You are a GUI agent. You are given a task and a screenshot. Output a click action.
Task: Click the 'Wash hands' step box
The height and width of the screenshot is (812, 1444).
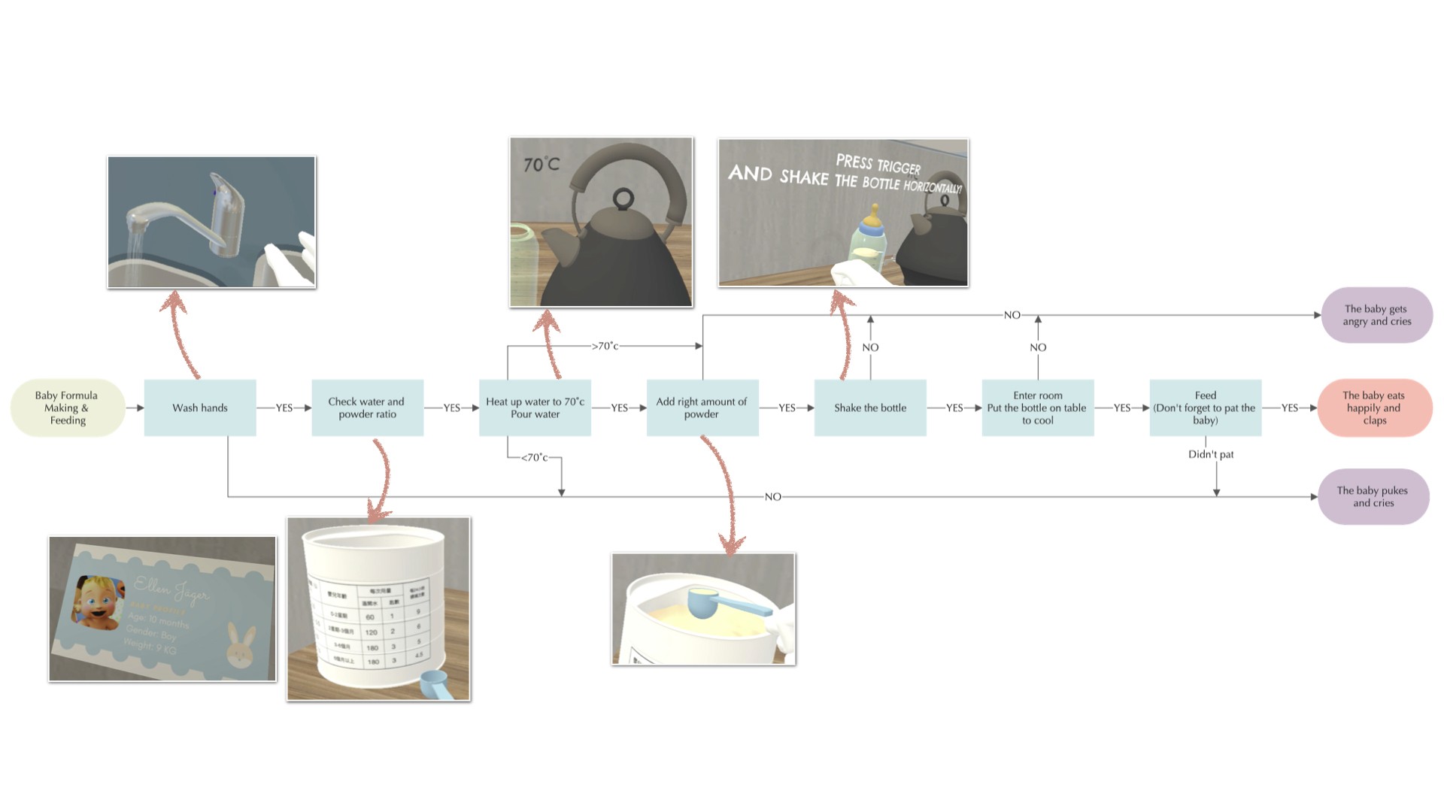point(200,408)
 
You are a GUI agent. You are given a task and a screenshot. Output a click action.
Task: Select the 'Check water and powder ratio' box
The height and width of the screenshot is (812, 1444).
point(367,408)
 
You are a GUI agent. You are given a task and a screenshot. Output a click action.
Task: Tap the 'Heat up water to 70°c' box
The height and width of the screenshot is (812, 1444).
point(535,408)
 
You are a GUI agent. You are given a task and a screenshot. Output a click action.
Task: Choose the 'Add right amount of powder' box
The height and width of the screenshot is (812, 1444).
point(702,408)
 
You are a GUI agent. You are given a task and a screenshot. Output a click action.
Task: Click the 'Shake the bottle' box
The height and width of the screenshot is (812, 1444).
point(870,408)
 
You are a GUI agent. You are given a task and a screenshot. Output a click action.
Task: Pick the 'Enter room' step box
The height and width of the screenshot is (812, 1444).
point(1037,408)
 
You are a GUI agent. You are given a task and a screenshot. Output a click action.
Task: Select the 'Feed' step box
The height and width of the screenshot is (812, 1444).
point(1205,408)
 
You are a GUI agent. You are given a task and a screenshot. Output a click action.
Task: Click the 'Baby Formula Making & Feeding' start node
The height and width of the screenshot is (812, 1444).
point(67,408)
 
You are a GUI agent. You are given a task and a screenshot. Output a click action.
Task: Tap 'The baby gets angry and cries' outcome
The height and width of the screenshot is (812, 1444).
point(1376,315)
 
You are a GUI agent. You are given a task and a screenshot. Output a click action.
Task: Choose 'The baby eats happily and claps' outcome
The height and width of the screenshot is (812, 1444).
point(1374,408)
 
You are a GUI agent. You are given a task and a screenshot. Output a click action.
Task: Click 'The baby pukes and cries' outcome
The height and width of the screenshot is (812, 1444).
point(1373,496)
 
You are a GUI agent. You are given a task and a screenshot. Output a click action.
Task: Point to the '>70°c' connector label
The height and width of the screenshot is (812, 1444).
point(605,346)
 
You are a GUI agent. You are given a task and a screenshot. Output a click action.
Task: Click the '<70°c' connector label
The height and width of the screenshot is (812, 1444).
point(535,457)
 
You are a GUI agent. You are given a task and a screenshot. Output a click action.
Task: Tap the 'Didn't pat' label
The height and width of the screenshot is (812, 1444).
point(1211,454)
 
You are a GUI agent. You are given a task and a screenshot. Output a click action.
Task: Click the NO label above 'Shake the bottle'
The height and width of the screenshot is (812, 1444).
point(870,347)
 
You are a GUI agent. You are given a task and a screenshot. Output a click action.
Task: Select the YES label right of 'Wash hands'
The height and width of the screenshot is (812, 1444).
point(284,408)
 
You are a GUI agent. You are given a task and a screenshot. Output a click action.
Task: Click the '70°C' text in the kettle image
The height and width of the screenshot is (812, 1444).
point(541,164)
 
